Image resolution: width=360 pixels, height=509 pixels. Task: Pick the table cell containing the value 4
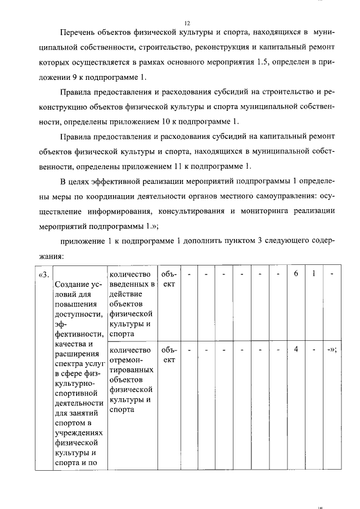point(295,349)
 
